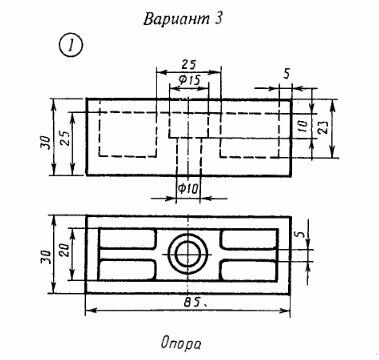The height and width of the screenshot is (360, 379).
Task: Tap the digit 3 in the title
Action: click(x=218, y=19)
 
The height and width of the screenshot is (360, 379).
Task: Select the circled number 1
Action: click(x=71, y=46)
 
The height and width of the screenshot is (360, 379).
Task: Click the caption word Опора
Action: click(x=181, y=343)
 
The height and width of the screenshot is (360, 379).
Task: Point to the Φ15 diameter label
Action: click(x=189, y=80)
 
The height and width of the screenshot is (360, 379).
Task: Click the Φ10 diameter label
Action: click(x=188, y=189)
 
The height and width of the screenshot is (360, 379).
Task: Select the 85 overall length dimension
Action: click(x=192, y=302)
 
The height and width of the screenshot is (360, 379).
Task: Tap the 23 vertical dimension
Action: click(x=323, y=127)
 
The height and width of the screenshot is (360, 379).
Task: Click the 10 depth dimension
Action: click(x=303, y=126)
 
